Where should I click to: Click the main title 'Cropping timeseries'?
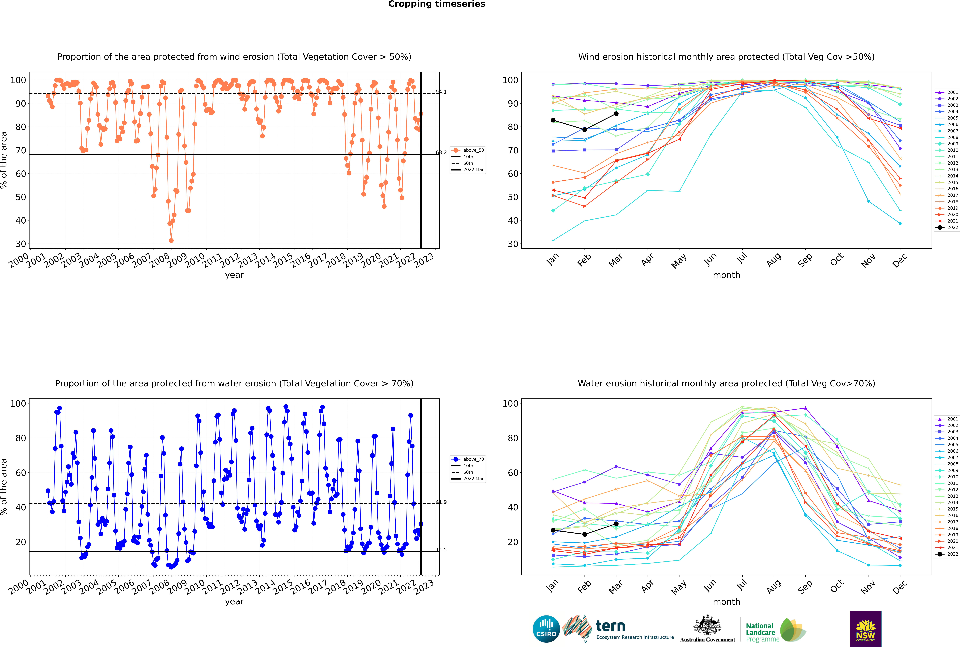(437, 4)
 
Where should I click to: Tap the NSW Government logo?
(865, 629)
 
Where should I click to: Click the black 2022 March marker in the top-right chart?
(616, 113)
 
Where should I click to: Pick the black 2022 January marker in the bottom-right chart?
(553, 530)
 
